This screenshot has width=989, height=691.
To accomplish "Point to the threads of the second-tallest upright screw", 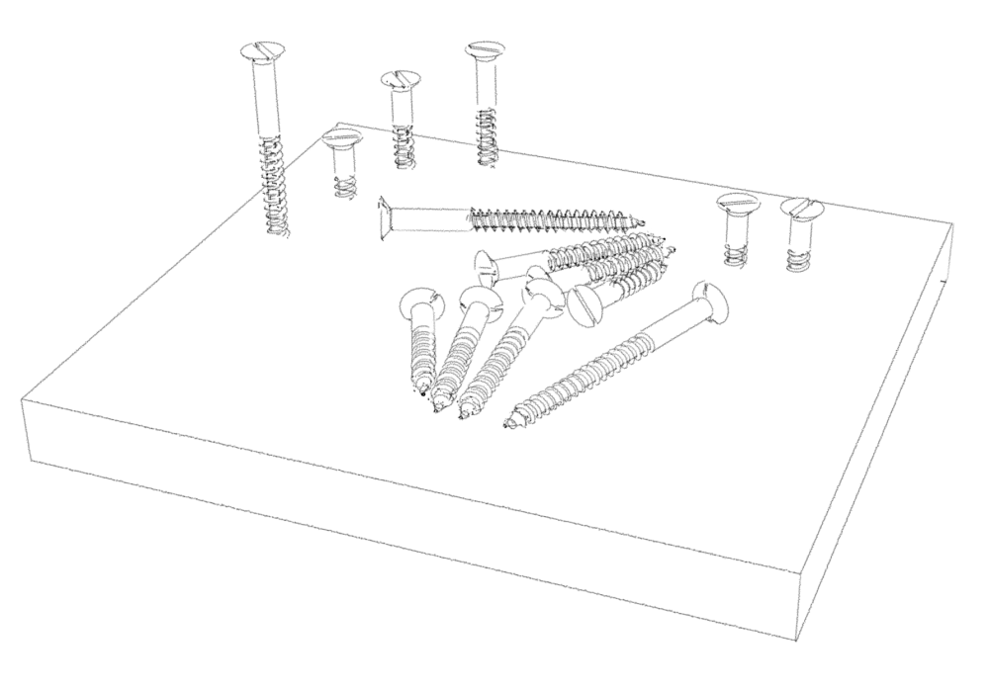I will pos(486,133).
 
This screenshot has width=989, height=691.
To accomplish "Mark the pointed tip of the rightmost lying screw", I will pos(510,427).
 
